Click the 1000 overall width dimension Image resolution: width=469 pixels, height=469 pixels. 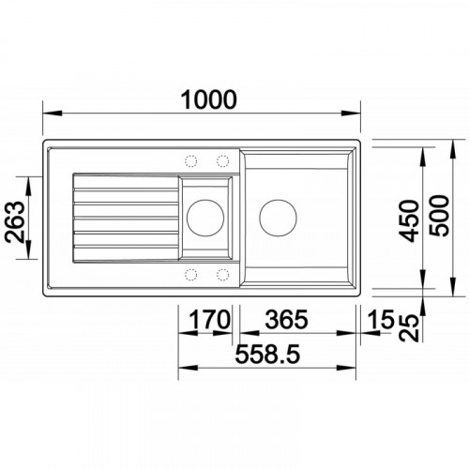point(209,99)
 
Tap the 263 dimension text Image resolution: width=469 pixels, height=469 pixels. point(15,221)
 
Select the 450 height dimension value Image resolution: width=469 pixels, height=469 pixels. point(410,221)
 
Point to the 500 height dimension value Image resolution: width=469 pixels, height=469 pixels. point(439,216)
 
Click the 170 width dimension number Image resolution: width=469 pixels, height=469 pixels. point(210,319)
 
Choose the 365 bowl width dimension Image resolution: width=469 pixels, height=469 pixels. point(286,319)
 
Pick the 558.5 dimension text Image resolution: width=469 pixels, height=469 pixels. point(267,354)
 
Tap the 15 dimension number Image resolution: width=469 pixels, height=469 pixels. point(380,319)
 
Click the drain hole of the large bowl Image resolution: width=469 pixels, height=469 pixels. point(278,218)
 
